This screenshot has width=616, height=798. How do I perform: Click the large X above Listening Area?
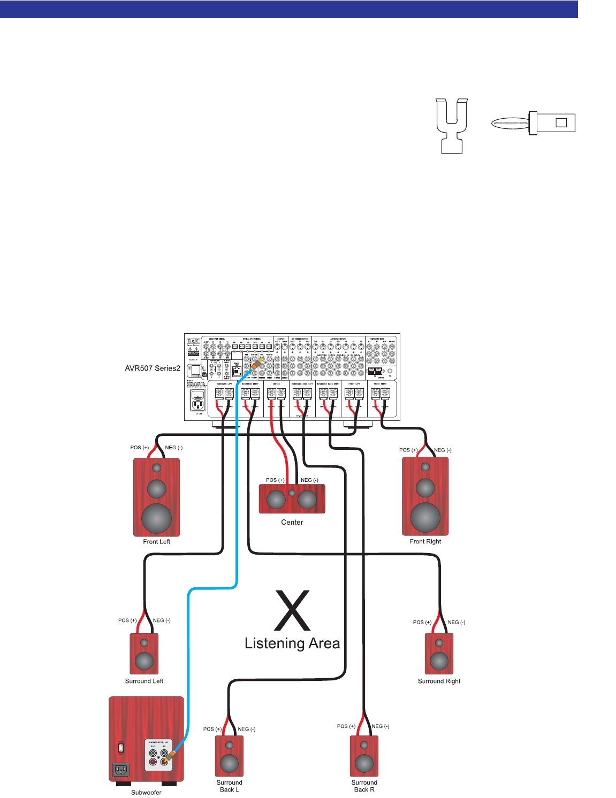(292, 610)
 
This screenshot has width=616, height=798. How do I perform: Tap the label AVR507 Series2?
(153, 369)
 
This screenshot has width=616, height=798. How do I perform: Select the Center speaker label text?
(292, 523)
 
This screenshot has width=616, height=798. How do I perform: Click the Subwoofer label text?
(146, 793)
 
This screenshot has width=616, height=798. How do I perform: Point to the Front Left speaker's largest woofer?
(156, 518)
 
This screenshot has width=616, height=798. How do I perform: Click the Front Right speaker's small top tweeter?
(425, 467)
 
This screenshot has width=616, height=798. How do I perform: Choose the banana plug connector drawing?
(533, 123)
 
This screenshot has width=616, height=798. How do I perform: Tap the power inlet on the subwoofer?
(121, 770)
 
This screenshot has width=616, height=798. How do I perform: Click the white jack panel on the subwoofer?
(159, 755)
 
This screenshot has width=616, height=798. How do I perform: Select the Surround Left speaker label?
(144, 681)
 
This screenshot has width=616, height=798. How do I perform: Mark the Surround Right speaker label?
(439, 681)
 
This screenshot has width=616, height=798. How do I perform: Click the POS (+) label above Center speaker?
(275, 480)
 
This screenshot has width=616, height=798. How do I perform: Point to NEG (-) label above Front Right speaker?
(443, 450)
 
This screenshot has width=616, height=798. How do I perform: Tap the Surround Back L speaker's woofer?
(229, 763)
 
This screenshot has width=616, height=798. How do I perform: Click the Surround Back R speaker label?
(364, 786)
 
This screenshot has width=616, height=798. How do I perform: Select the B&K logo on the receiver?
(193, 341)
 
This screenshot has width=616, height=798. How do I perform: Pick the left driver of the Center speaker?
(276, 500)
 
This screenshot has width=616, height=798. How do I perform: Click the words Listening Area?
(292, 643)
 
